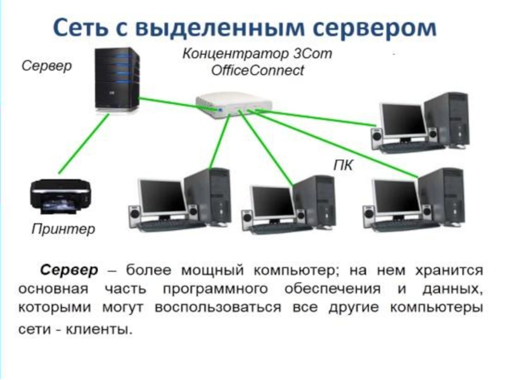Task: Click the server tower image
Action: point(117,80)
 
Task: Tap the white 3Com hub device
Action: point(234,105)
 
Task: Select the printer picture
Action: point(60,196)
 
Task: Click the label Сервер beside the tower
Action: point(46,66)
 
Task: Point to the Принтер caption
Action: point(63,229)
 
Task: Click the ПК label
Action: point(343,165)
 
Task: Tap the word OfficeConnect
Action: point(258,70)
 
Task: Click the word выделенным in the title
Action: point(220,27)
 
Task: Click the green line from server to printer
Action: point(84,144)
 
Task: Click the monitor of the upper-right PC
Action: point(403,120)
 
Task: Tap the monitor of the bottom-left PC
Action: point(163,196)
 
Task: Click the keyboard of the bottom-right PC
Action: point(404,225)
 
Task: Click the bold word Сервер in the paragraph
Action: point(69,270)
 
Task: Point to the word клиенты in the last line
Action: point(99,329)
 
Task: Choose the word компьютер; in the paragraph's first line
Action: point(297,270)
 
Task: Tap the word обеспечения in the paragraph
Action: point(332,289)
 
